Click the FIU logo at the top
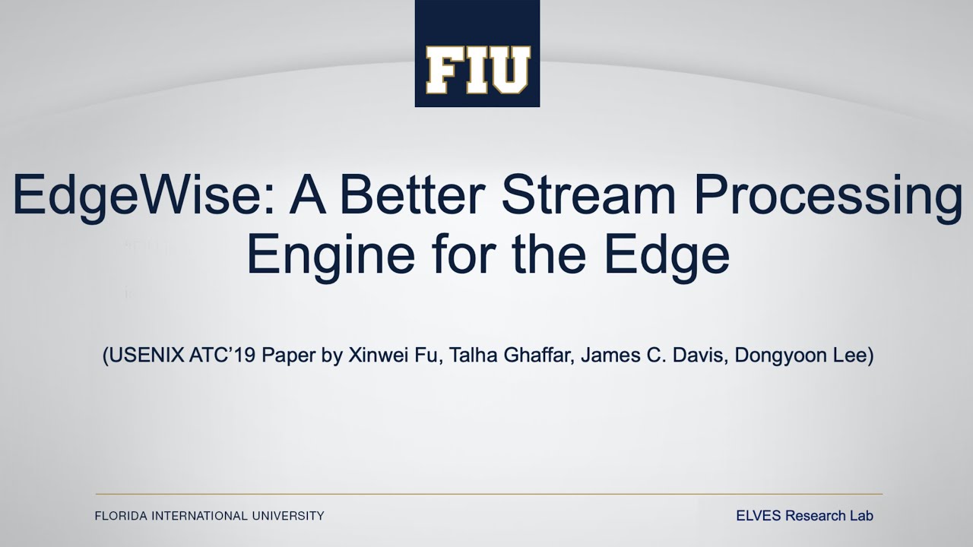pos(477,53)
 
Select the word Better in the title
pos(410,196)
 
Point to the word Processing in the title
pos(828,196)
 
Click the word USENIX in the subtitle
pos(141,356)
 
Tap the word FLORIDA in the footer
pos(121,516)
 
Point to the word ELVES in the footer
pos(758,516)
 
